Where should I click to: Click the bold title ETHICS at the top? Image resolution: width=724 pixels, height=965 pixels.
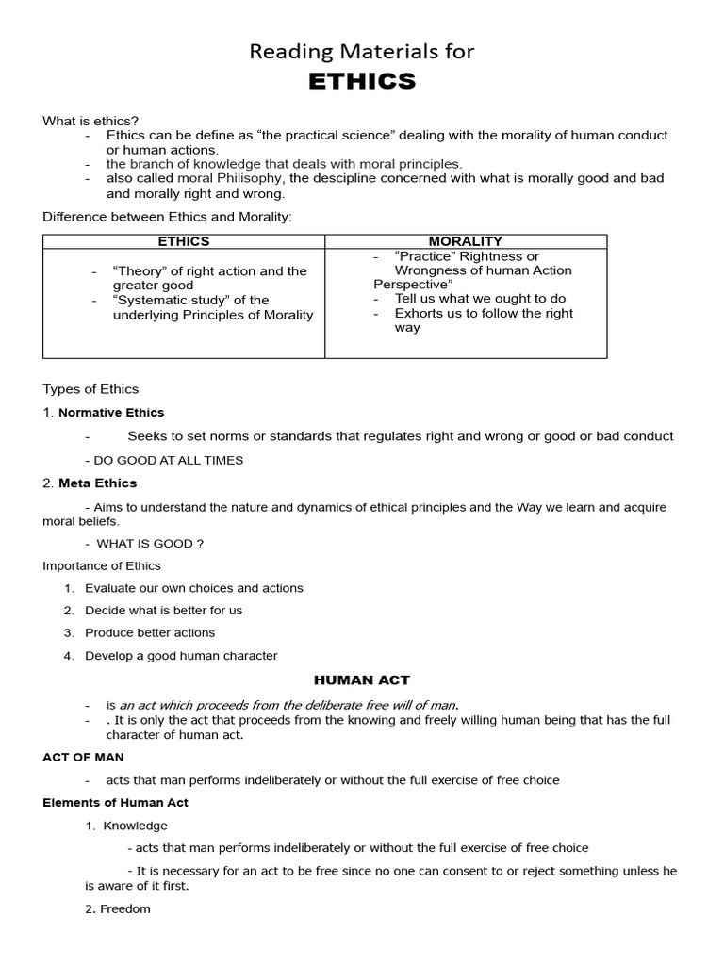click(x=362, y=82)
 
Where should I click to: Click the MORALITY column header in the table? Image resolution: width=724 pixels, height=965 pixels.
click(x=466, y=241)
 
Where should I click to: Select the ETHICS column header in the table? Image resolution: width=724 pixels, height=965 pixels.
click(x=184, y=241)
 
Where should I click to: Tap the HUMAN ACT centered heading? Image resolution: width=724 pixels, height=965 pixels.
click(x=362, y=679)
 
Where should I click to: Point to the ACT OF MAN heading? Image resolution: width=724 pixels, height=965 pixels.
click(x=83, y=757)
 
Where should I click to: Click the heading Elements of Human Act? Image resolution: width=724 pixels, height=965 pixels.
click(x=116, y=802)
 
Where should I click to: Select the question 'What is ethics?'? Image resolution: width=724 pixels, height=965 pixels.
click(x=90, y=121)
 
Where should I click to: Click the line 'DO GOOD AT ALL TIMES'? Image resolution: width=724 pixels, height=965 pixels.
click(x=168, y=460)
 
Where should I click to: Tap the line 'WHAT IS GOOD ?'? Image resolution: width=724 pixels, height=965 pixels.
click(x=151, y=543)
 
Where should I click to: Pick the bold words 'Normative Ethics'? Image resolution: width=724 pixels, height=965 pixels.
click(x=111, y=412)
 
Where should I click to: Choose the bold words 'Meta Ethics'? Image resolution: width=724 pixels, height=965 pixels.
click(x=97, y=482)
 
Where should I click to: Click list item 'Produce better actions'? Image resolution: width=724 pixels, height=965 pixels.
click(x=150, y=632)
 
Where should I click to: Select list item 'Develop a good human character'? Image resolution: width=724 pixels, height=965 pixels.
click(x=181, y=655)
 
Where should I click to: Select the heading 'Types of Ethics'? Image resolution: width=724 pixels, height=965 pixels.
click(x=90, y=388)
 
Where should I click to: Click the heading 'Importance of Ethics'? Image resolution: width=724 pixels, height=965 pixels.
click(x=102, y=565)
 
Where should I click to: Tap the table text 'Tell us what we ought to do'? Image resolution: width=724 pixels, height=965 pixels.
click(x=480, y=298)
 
